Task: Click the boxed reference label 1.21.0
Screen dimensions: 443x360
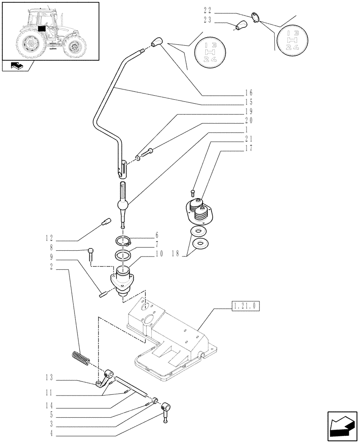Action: [x=245, y=306]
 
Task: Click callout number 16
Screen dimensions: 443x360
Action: [x=248, y=93]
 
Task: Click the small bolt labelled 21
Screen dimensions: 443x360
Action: [x=192, y=192]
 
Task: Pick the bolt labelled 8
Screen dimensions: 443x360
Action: [x=91, y=253]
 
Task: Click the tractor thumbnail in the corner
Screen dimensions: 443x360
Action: [x=50, y=31]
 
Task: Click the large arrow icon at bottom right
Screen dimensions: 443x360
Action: [x=341, y=424]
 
